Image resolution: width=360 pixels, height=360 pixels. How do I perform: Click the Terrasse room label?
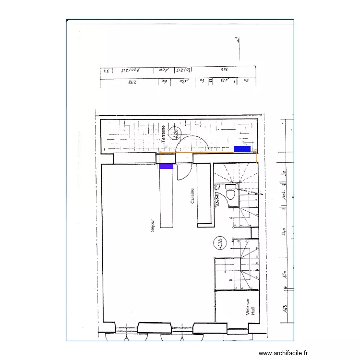164,133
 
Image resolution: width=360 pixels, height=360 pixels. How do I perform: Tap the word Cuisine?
192,196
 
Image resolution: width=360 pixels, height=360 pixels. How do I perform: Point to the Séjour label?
153,225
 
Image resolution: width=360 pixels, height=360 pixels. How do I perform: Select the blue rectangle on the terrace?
242,149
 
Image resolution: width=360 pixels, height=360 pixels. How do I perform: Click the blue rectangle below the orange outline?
166,167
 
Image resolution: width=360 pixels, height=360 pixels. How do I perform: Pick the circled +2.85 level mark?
218,243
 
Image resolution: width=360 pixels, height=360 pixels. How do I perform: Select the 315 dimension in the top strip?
224,70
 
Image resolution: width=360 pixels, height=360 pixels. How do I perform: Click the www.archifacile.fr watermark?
283,353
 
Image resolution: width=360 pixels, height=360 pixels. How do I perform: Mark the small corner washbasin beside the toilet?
218,188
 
